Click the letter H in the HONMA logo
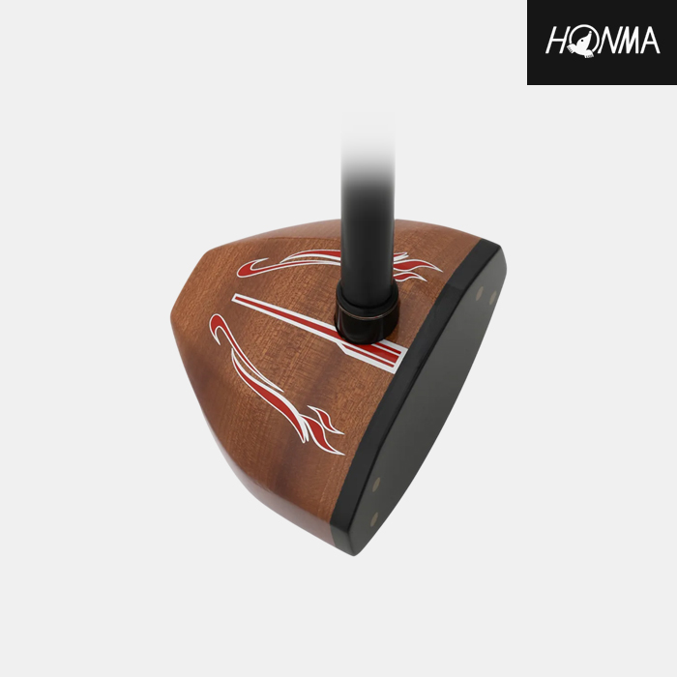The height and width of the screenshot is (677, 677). (557, 41)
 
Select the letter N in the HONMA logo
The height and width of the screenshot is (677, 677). (608, 41)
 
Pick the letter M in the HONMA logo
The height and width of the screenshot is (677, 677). (632, 41)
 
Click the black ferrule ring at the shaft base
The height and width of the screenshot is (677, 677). (367, 313)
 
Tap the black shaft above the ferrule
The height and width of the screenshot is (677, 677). (368, 224)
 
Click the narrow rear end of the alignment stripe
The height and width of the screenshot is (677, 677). (235, 298)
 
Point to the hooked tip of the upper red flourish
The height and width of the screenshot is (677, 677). (242, 271)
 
